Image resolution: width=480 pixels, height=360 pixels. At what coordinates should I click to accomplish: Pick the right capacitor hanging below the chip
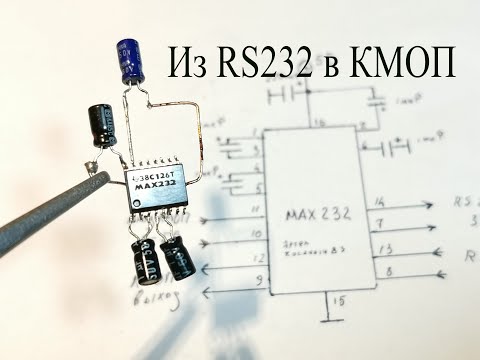(177, 255)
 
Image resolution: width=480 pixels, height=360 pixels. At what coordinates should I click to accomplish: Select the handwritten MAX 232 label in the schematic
(319, 214)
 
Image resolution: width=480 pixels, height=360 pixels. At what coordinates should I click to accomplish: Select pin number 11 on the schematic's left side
(257, 209)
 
